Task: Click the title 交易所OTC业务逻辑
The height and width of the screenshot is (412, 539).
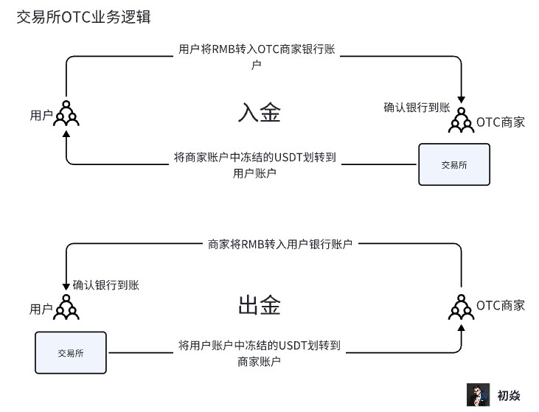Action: click(83, 17)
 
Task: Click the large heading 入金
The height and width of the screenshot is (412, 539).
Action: click(260, 113)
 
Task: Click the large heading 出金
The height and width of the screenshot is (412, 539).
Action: click(260, 305)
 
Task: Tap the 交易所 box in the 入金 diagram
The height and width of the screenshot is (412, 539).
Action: click(453, 164)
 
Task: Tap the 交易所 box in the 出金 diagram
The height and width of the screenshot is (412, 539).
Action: click(71, 352)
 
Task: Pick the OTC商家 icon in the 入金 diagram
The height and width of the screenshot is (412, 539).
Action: click(462, 120)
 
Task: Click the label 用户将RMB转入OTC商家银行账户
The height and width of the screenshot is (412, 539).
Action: click(262, 57)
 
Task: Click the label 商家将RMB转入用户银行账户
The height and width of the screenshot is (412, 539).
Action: click(280, 243)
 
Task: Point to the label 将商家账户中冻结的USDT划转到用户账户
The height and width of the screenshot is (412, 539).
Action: click(255, 165)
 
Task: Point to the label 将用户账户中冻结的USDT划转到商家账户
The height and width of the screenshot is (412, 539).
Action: click(260, 352)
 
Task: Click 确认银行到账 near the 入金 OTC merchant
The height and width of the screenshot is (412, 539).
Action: click(417, 107)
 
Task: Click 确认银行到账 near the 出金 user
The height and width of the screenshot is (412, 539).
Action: click(106, 284)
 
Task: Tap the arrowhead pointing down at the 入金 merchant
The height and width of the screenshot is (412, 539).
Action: click(462, 102)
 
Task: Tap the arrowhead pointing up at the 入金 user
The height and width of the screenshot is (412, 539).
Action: click(66, 134)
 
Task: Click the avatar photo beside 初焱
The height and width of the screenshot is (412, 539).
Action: click(478, 395)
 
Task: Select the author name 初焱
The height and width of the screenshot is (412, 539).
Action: click(509, 396)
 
